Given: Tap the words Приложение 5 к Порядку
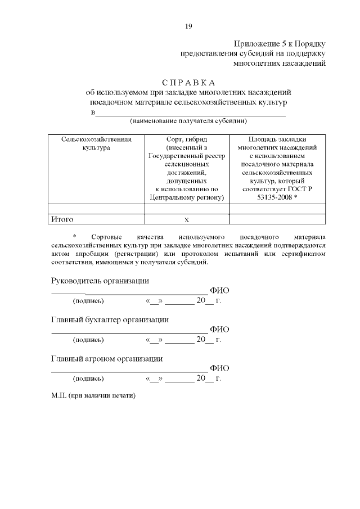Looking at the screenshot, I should coord(280,44).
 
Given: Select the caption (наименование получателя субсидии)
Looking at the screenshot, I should coord(188,121).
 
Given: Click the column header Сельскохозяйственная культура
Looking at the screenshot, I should coord(96,143).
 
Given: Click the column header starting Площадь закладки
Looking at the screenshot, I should coord(277,139).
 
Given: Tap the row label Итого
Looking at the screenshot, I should coord(62,219).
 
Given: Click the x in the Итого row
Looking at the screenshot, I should coord(187,220).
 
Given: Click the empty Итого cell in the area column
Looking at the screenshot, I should coord(277,220).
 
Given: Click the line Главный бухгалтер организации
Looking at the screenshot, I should coord(110,320).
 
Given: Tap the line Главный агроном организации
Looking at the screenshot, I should coord(107,358).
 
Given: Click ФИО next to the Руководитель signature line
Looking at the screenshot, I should coord(219,291).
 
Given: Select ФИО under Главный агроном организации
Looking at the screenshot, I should coord(219,368).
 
